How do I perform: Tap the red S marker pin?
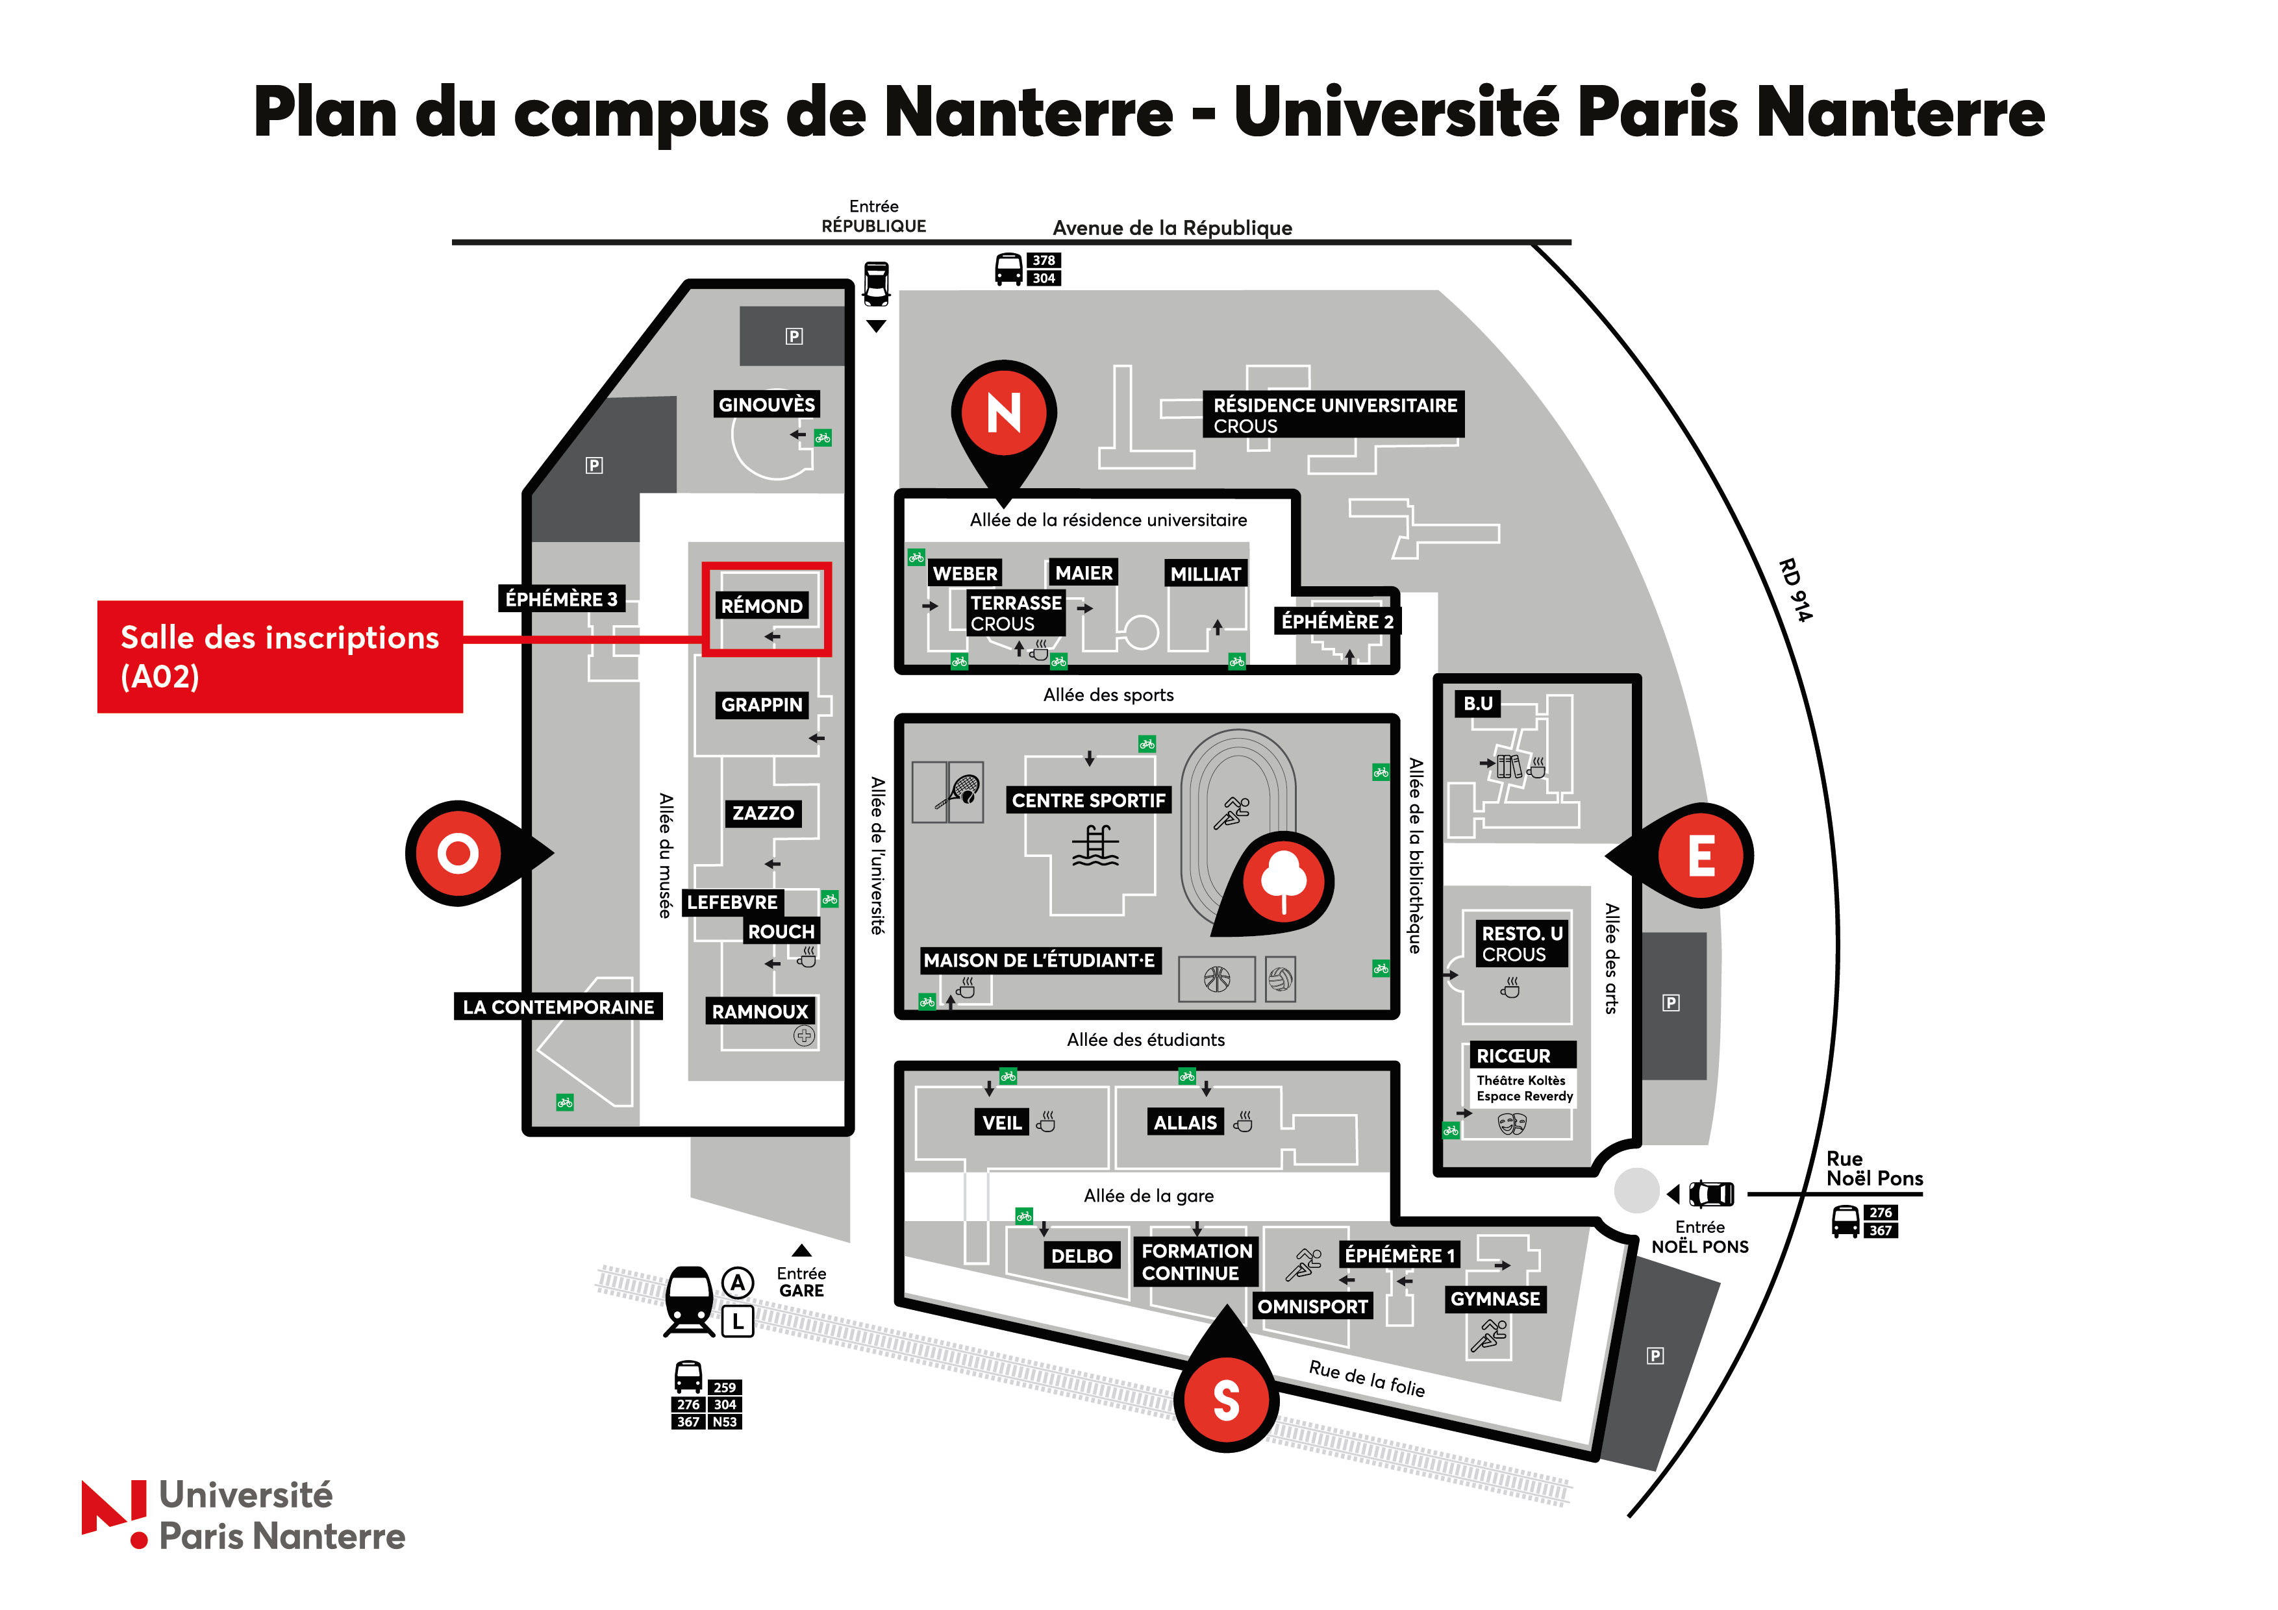point(1226,1399)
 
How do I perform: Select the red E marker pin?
point(1701,855)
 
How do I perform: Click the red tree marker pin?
point(1284,881)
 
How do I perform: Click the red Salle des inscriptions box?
point(280,657)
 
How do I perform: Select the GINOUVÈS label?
point(767,404)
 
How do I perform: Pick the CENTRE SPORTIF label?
point(1088,800)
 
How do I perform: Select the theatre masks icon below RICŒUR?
point(1511,1124)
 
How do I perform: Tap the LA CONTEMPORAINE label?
point(558,1007)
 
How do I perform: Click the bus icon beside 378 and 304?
point(1008,269)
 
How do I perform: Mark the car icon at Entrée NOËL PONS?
point(1712,1193)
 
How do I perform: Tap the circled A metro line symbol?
point(737,1283)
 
